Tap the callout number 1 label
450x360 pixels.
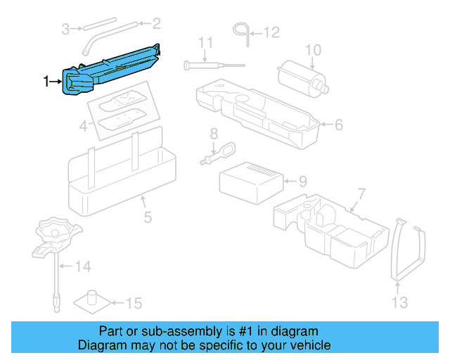point(47,82)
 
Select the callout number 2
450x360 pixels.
point(156,24)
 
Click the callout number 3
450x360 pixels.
point(65,29)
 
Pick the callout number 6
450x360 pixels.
point(338,124)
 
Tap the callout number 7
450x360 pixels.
point(361,193)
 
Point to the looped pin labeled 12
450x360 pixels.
point(241,29)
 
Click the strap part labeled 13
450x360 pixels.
point(408,253)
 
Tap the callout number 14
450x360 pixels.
point(83,266)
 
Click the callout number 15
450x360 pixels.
point(134,304)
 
